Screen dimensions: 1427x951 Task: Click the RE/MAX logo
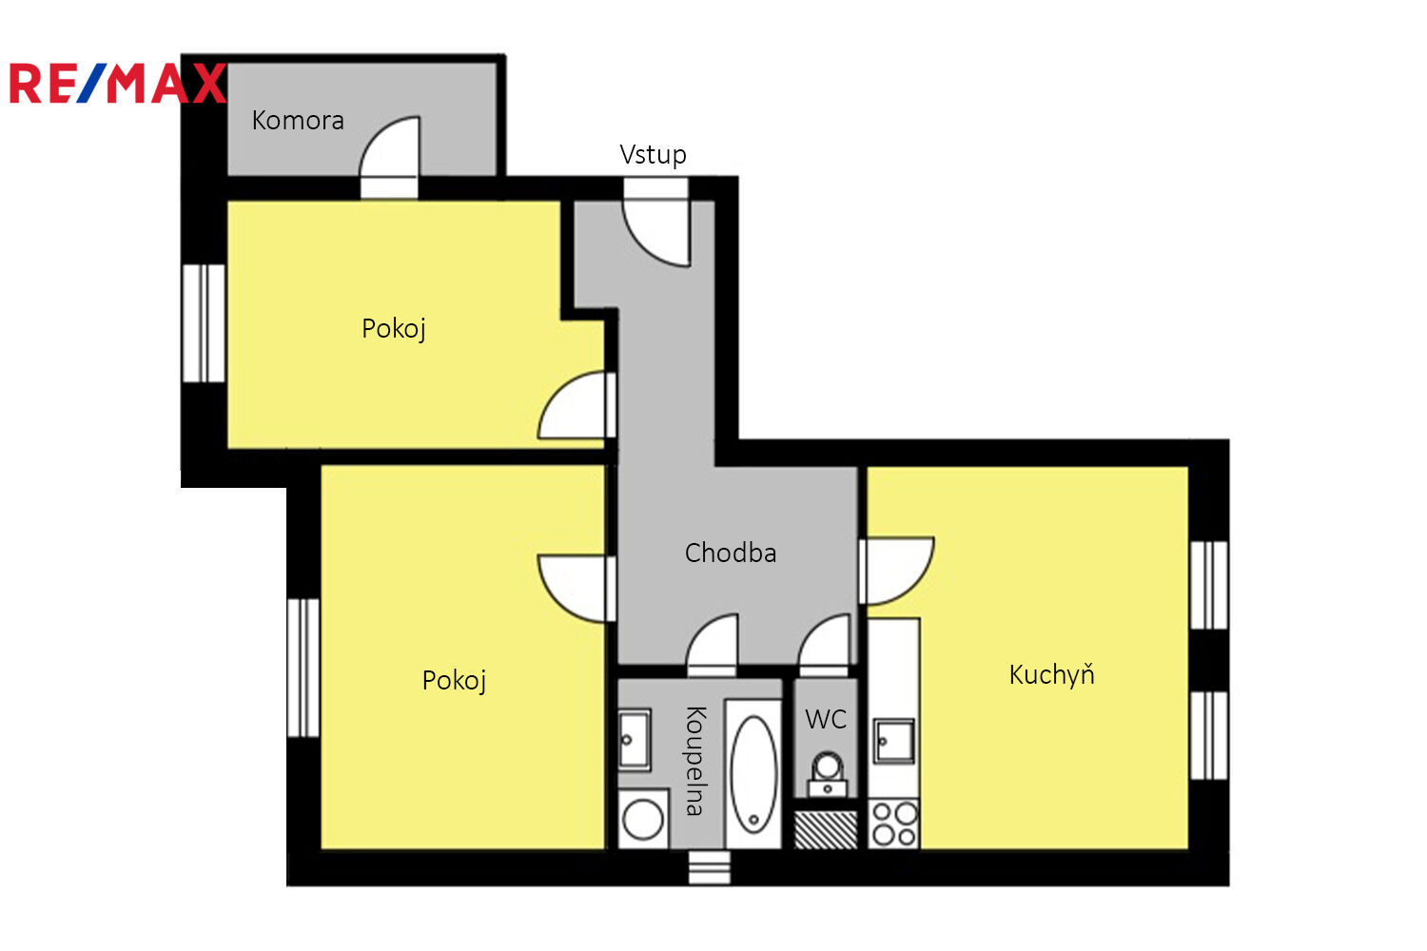pos(117,83)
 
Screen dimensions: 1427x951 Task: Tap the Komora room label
pos(298,121)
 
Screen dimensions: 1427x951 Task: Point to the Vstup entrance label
pos(653,155)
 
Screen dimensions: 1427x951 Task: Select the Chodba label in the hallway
pos(731,553)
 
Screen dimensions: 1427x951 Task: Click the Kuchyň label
pos(1052,674)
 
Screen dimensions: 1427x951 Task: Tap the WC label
pos(826,720)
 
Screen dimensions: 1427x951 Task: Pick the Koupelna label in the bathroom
pos(695,761)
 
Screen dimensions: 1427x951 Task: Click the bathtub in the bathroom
pos(753,774)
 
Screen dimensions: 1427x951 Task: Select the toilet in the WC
pos(827,775)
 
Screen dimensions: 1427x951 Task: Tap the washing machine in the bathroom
pos(643,819)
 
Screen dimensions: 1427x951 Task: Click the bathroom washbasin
pos(635,740)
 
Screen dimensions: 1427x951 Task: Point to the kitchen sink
pos(894,741)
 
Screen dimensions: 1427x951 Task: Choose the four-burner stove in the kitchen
pos(894,824)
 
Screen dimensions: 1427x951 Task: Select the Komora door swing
pos(389,147)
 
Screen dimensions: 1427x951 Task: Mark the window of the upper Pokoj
pos(204,323)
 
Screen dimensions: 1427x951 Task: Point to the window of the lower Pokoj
pos(303,669)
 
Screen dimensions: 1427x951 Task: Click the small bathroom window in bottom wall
pos(709,868)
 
